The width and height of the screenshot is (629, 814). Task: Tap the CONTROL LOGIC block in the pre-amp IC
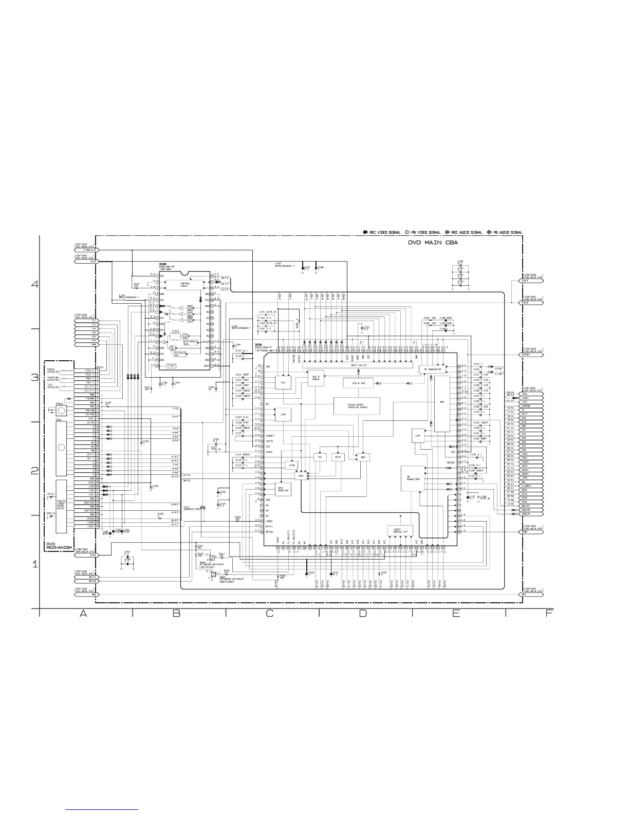pyautogui.click(x=185, y=284)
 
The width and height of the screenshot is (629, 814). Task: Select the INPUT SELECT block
pyautogui.click(x=361, y=365)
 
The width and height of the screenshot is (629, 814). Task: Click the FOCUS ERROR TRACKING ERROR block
pyautogui.click(x=357, y=406)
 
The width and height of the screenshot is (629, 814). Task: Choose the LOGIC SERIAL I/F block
pyautogui.click(x=400, y=530)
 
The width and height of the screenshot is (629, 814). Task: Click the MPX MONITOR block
pyautogui.click(x=283, y=489)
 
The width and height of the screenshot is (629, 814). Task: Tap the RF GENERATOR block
pyautogui.click(x=433, y=369)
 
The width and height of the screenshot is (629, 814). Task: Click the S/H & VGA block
pyautogui.click(x=358, y=383)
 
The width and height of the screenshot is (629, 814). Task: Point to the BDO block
pyautogui.click(x=363, y=457)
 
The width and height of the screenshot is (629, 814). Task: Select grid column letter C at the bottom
pyautogui.click(x=269, y=613)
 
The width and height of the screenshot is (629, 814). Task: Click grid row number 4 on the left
pyautogui.click(x=35, y=284)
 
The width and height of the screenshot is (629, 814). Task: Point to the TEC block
pyautogui.click(x=320, y=457)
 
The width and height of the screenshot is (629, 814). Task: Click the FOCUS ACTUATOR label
pyautogui.click(x=51, y=371)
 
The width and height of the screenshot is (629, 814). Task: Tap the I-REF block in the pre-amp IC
pyautogui.click(x=172, y=366)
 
